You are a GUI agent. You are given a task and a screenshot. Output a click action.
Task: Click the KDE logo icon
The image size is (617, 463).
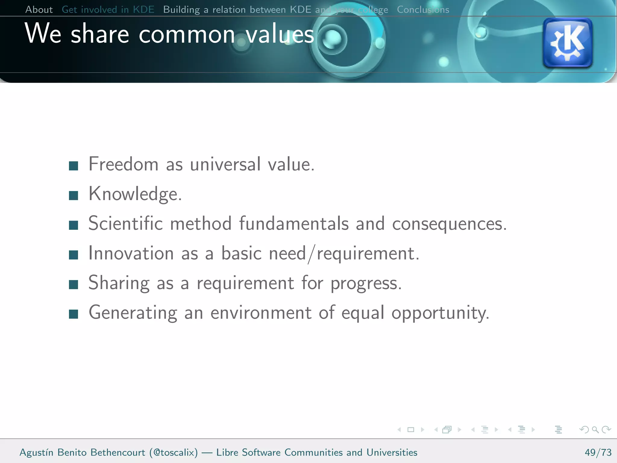click(x=568, y=43)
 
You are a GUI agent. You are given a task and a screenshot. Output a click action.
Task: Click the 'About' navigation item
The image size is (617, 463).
click(x=39, y=10)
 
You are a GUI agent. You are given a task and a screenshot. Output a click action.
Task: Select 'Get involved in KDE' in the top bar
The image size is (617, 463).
click(x=108, y=10)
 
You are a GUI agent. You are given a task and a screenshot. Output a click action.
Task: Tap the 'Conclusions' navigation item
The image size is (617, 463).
click(x=423, y=10)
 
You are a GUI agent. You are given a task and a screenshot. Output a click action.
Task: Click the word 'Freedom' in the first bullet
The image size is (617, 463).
click(x=123, y=164)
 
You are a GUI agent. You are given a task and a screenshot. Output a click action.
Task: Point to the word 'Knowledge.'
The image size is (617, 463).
click(x=135, y=194)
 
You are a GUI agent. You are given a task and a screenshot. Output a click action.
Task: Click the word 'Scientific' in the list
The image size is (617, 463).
click(x=125, y=224)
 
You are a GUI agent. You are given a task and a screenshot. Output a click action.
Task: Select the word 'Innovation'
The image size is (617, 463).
click(x=131, y=253)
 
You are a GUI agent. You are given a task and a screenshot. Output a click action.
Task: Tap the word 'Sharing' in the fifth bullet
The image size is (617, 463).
click(x=119, y=283)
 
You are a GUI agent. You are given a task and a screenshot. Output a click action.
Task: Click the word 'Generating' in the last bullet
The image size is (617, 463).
click(x=133, y=313)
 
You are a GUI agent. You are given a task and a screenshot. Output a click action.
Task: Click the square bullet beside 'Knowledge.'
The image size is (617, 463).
click(x=74, y=196)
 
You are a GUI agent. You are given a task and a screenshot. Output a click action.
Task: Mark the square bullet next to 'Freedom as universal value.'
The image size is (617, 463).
click(x=74, y=166)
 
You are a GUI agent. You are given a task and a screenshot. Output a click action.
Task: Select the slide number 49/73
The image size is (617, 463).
click(x=598, y=452)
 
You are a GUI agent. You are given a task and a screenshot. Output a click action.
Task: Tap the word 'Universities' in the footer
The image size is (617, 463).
click(x=392, y=452)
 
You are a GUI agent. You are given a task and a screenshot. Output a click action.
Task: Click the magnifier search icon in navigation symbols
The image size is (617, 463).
click(x=595, y=430)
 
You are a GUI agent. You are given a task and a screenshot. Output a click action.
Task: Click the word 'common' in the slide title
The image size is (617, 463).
click(x=187, y=34)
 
